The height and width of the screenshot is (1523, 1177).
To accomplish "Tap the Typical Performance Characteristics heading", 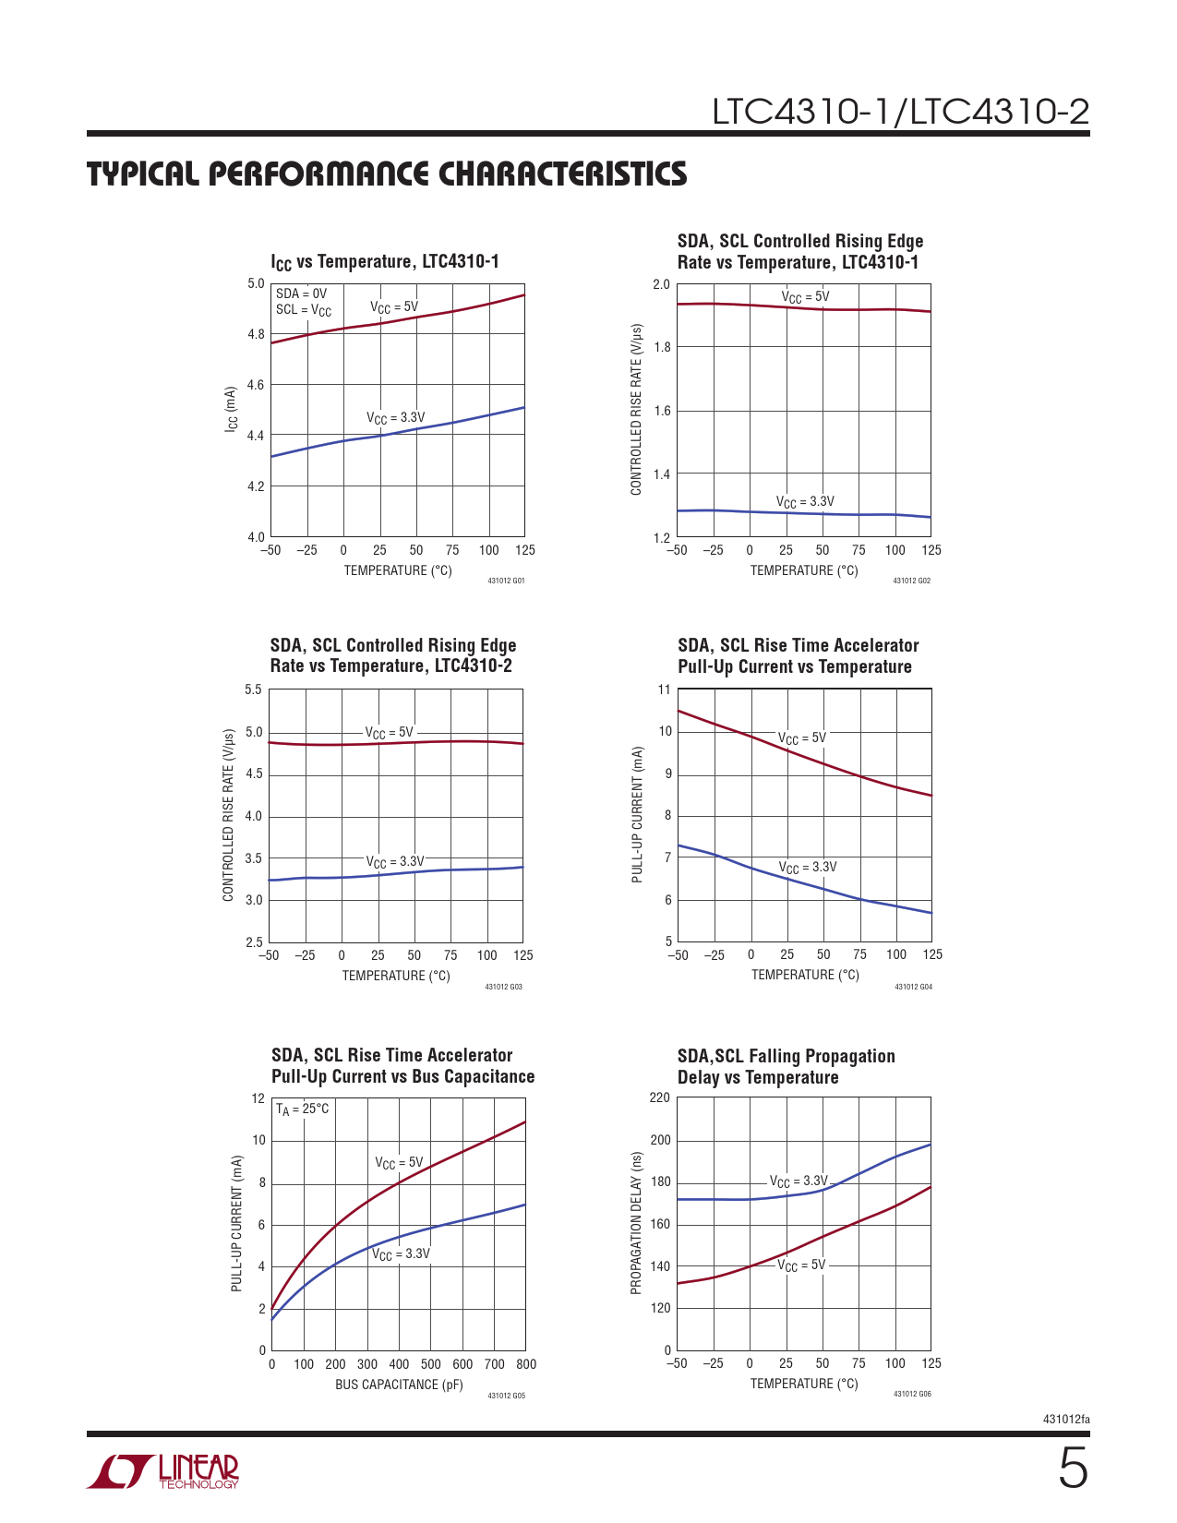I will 387,174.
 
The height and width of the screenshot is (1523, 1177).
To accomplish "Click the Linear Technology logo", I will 163,1471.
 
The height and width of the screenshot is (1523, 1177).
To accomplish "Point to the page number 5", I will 1072,1469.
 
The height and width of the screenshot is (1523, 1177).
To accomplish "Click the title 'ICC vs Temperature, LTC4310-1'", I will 385,262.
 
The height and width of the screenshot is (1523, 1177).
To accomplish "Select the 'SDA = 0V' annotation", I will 301,294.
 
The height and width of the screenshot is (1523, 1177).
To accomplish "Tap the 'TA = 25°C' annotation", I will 302,1109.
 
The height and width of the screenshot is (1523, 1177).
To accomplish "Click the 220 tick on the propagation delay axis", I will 659,1097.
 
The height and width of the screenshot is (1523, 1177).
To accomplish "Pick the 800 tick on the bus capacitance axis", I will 525,1364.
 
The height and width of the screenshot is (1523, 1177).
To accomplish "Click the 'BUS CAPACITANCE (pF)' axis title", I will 399,1385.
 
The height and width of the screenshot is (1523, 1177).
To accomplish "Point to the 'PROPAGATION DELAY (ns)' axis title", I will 636,1223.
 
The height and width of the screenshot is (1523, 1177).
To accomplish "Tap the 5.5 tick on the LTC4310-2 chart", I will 253,690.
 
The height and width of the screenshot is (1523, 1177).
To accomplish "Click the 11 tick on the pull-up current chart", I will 664,690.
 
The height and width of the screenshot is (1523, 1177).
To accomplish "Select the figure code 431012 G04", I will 913,987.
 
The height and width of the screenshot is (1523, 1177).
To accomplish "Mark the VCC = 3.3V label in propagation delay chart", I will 799,1181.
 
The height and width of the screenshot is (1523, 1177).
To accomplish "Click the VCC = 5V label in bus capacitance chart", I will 399,1163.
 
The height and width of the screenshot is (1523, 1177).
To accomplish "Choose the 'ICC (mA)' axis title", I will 232,410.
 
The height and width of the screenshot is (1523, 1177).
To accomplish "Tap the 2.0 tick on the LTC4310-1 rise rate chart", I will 661,284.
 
